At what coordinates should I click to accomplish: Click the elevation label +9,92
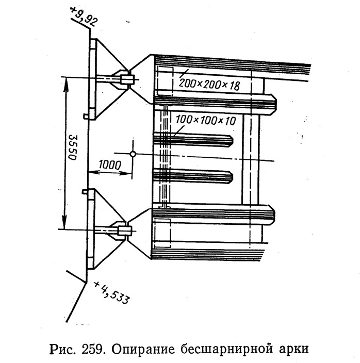(x=84, y=17)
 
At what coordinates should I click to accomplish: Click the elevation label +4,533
(x=111, y=293)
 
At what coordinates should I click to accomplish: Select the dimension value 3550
(x=73, y=147)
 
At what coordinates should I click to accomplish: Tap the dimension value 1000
(x=110, y=165)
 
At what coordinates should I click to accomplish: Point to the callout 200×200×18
(x=209, y=85)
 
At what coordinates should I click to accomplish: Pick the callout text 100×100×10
(x=206, y=120)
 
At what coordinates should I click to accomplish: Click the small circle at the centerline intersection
(x=133, y=154)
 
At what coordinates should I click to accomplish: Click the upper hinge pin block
(x=127, y=79)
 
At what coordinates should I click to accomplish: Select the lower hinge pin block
(x=124, y=231)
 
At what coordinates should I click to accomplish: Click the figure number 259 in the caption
(x=92, y=349)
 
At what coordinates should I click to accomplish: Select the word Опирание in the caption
(x=143, y=350)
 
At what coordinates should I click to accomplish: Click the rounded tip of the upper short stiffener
(x=231, y=141)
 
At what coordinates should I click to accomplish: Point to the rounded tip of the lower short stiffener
(x=231, y=177)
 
